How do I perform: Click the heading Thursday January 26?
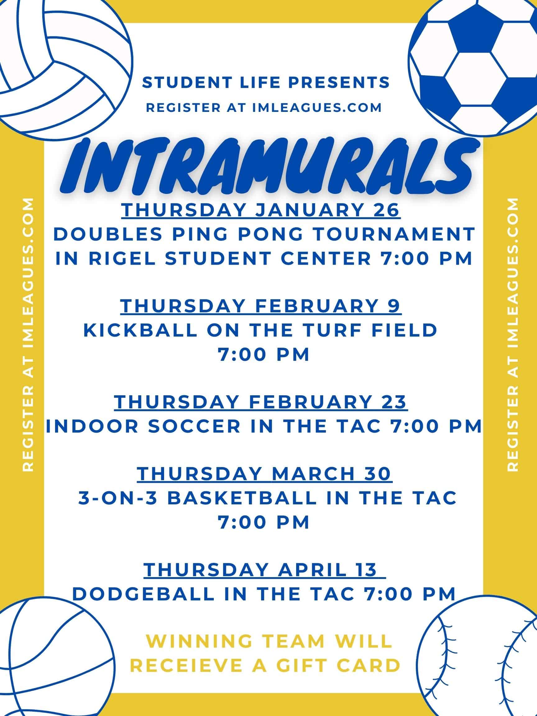pos(261,210)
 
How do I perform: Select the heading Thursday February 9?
pos(261,306)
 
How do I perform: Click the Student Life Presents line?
pos(266,83)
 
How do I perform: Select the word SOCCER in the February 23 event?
pos(194,426)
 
